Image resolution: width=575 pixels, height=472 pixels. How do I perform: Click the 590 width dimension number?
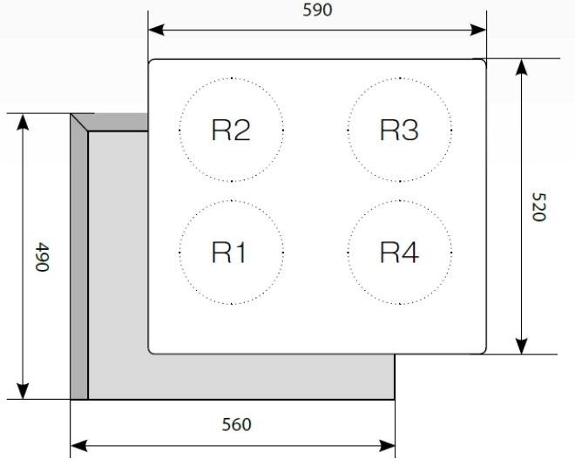point(318,10)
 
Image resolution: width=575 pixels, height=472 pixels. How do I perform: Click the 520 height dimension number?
point(538,207)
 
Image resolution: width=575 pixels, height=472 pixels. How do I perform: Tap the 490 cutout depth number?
point(42,257)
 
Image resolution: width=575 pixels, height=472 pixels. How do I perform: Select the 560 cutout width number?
point(236,424)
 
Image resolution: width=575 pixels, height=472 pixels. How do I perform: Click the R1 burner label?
point(229,253)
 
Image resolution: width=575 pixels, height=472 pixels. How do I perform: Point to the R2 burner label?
point(231,130)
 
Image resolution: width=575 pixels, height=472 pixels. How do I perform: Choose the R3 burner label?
point(399,130)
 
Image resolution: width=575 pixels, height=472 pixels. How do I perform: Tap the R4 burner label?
point(399,253)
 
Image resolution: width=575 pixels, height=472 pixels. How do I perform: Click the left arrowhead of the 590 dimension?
point(156,30)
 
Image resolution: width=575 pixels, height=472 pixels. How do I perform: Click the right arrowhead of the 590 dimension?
point(478,30)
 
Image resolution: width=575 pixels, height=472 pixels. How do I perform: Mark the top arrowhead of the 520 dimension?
point(521,67)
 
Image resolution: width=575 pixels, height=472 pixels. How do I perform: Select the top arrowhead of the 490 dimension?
point(23,122)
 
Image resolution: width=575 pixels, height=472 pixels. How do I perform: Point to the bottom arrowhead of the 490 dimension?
point(23,391)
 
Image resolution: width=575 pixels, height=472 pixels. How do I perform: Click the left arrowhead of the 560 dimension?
point(78,446)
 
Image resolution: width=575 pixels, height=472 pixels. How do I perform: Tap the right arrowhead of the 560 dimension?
point(387,446)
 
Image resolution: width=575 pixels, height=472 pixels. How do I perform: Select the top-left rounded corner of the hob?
point(151,62)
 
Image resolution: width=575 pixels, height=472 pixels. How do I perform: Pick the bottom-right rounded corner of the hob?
point(484,352)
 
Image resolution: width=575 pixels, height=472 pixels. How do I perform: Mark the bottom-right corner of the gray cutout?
point(395,399)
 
